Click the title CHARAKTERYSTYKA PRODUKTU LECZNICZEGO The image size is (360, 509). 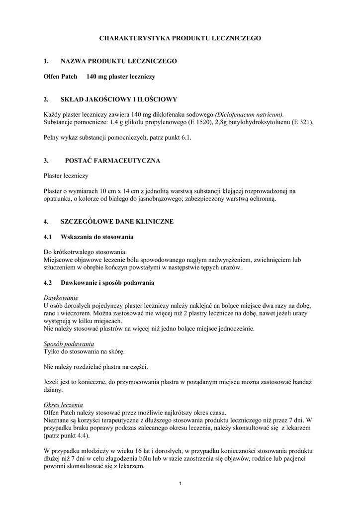coord(180,38)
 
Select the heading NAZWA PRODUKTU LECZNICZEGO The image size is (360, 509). coord(119,61)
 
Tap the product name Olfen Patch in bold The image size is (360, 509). coord(57,77)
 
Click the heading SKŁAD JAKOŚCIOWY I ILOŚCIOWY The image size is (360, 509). coord(119,99)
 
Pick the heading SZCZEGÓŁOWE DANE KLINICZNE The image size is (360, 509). coord(117,221)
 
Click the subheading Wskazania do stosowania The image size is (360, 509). coord(97,237)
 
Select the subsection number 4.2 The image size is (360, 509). coord(48,283)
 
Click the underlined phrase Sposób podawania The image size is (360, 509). coord(69,344)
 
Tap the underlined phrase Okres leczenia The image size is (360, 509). coord(63,405)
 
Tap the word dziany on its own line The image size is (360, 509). coord(53,390)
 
